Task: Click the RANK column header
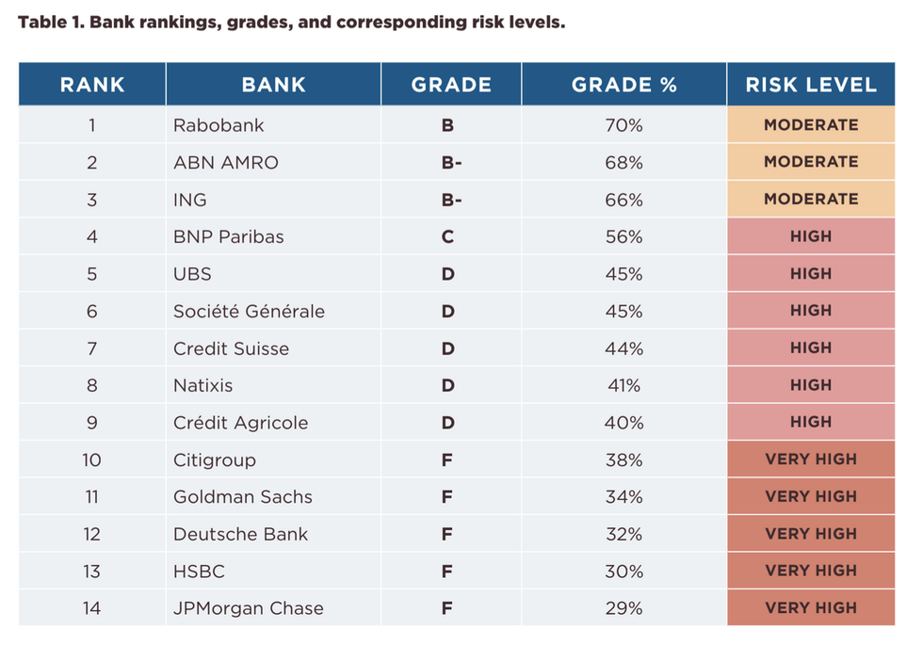[x=91, y=85]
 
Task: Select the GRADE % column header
[x=623, y=85]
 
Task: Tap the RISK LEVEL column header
[x=811, y=85]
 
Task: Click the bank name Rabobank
[x=219, y=125]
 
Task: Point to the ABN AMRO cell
[x=226, y=162]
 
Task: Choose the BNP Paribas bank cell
[x=229, y=236]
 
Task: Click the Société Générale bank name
[x=249, y=311]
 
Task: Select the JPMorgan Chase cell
[x=248, y=608]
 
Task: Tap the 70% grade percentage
[x=623, y=125]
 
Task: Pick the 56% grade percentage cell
[x=623, y=236]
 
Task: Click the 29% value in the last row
[x=623, y=608]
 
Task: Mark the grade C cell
[x=447, y=236]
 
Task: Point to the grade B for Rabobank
[x=447, y=125]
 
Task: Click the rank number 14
[x=91, y=608]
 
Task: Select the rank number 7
[x=91, y=348]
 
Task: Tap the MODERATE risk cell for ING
[x=811, y=200]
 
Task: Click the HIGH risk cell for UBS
[x=811, y=274]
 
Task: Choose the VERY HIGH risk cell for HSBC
[x=811, y=571]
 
